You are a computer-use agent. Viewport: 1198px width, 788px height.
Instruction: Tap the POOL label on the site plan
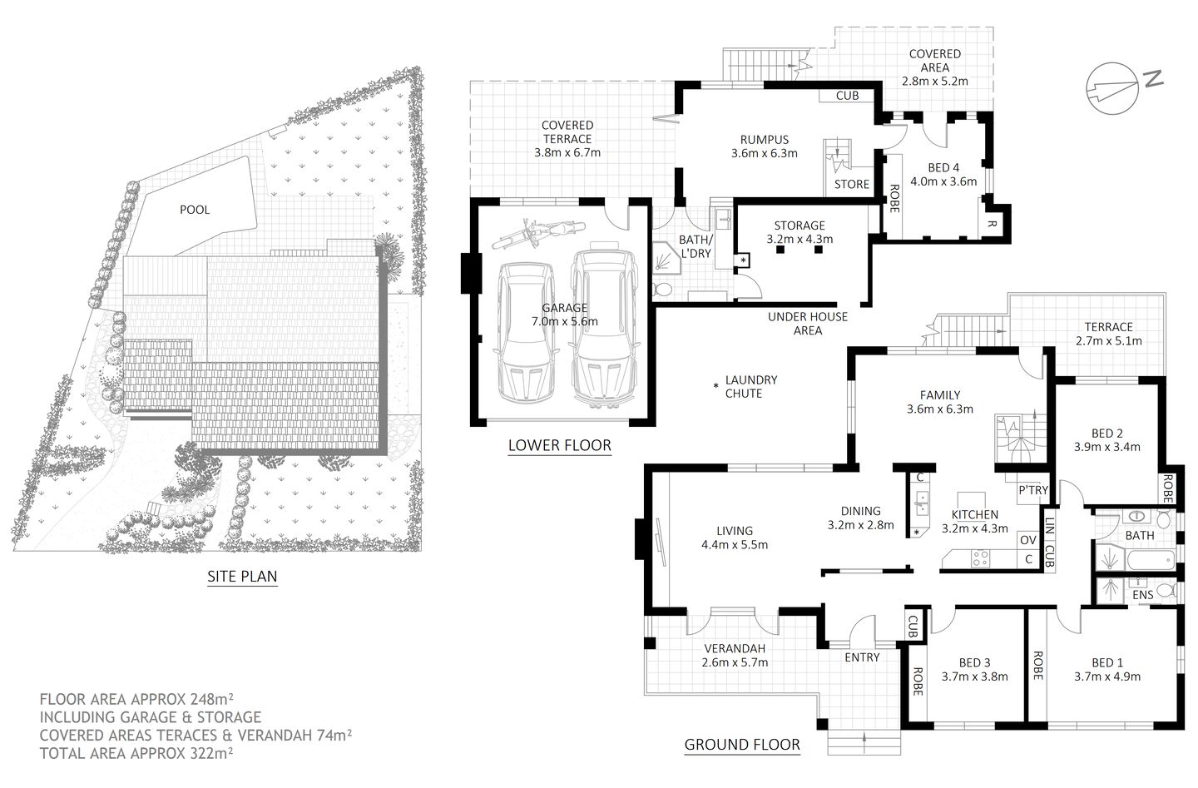pos(195,210)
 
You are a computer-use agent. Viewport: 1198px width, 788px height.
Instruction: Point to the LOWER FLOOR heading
pos(559,446)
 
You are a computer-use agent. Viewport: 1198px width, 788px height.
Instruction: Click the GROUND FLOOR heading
pos(741,745)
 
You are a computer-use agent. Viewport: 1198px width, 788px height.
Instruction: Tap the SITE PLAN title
pos(242,576)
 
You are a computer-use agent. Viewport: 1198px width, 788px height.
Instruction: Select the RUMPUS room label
pos(764,140)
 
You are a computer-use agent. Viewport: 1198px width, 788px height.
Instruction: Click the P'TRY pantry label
pos(1032,490)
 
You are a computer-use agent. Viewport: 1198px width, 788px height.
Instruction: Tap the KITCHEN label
pos(974,515)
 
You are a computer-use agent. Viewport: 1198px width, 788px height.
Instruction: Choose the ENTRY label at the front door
pos(861,657)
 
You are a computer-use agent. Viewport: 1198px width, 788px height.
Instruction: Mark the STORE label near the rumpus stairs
pos(851,184)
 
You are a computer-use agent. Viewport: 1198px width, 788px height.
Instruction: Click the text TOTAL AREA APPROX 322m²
pos(136,752)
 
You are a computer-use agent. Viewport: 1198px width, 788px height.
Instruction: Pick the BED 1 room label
pos(1107,662)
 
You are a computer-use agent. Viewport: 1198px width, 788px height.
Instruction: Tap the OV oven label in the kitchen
pos(1028,540)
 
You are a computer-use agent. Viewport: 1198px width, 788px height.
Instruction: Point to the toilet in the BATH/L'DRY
pos(664,289)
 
